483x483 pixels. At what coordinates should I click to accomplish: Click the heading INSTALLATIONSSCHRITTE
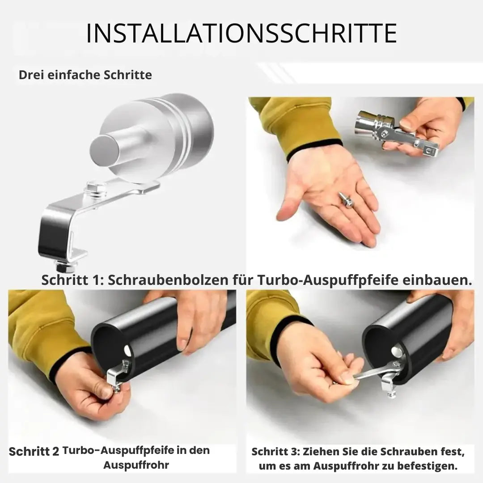coord(241,33)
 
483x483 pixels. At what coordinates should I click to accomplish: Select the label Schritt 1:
coord(72,280)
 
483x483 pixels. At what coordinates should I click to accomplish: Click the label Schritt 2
coord(34,452)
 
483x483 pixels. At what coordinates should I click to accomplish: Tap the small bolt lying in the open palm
coord(346,199)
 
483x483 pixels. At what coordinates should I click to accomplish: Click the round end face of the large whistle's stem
coord(105,150)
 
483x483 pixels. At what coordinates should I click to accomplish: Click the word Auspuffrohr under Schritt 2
coord(136,465)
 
